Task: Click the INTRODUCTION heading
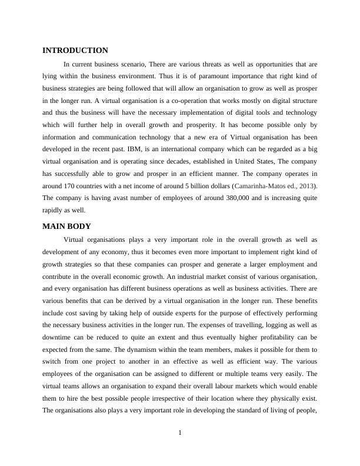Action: click(x=75, y=51)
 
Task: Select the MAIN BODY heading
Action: click(x=66, y=226)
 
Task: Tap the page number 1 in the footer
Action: click(x=180, y=434)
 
